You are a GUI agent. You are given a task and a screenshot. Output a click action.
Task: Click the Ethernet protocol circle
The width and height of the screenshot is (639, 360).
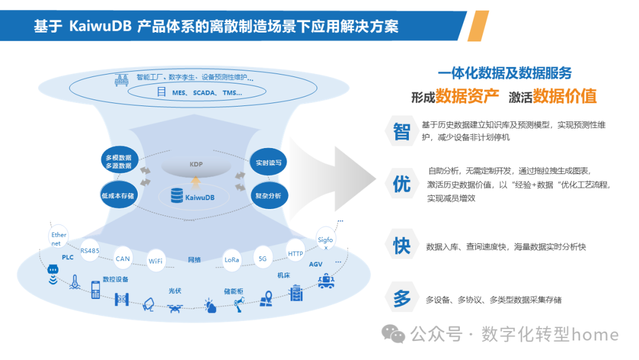coord(59,239)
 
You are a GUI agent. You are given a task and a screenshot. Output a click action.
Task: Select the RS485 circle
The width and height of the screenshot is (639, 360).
coord(91,250)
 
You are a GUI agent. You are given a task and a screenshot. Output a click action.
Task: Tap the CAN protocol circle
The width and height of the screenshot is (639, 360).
coord(122,258)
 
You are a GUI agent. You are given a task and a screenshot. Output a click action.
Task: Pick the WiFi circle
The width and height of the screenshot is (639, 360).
coord(156,261)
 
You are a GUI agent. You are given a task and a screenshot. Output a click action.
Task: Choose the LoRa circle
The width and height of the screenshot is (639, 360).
coord(232,259)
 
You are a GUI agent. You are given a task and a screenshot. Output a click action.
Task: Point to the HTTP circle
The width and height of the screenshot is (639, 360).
coord(295,253)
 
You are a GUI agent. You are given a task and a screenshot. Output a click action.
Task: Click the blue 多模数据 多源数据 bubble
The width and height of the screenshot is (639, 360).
coord(118,161)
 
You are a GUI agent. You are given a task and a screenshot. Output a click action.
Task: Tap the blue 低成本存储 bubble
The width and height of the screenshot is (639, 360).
coord(118,194)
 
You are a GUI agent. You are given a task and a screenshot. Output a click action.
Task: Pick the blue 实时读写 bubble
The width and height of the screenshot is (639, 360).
coord(268,162)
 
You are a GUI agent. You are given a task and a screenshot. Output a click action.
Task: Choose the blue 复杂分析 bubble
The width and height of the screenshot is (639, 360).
coord(268,195)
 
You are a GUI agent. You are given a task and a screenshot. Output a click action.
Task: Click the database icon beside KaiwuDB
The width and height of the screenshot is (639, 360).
coord(176,195)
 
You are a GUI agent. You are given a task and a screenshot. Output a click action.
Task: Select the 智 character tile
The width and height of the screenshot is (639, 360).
coord(401,131)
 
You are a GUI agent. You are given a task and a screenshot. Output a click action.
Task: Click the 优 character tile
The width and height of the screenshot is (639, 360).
coord(401,184)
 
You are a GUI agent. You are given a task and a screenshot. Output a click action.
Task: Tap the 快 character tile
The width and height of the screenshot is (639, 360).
coord(401,245)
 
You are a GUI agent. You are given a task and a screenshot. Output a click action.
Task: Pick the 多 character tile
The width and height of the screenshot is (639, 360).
coord(401,299)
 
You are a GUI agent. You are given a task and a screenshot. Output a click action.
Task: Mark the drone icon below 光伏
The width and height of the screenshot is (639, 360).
coord(175,308)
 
